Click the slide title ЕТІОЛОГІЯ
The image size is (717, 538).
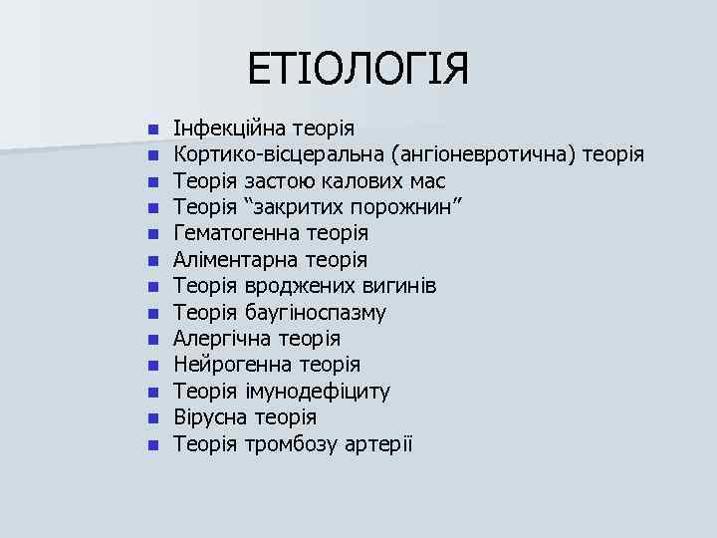[358, 71]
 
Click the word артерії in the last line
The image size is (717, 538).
[379, 443]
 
